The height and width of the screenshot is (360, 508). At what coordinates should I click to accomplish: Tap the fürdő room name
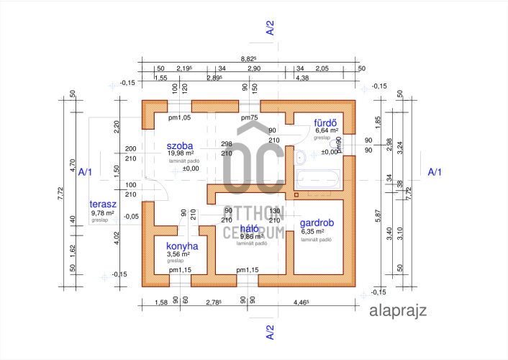(x=325, y=122)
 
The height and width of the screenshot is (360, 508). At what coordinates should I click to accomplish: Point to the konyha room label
(x=181, y=245)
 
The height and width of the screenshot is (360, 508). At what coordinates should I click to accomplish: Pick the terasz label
(x=103, y=204)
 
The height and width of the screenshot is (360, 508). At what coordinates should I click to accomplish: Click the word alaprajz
(x=398, y=311)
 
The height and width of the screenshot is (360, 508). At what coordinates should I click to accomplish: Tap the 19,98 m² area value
(x=181, y=153)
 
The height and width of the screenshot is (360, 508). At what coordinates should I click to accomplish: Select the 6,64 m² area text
(x=327, y=130)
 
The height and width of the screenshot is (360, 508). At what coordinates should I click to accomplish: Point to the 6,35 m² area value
(x=315, y=232)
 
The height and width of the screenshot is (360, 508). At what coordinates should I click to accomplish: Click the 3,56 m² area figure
(x=178, y=253)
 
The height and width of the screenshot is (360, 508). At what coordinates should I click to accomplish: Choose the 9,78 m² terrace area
(x=104, y=213)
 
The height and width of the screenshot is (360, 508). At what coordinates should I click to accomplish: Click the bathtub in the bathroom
(x=317, y=180)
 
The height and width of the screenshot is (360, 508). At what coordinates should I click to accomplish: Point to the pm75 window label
(x=249, y=117)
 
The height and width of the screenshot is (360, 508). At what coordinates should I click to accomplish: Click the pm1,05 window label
(x=179, y=117)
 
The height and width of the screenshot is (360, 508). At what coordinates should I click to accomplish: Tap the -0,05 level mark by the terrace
(x=131, y=216)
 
